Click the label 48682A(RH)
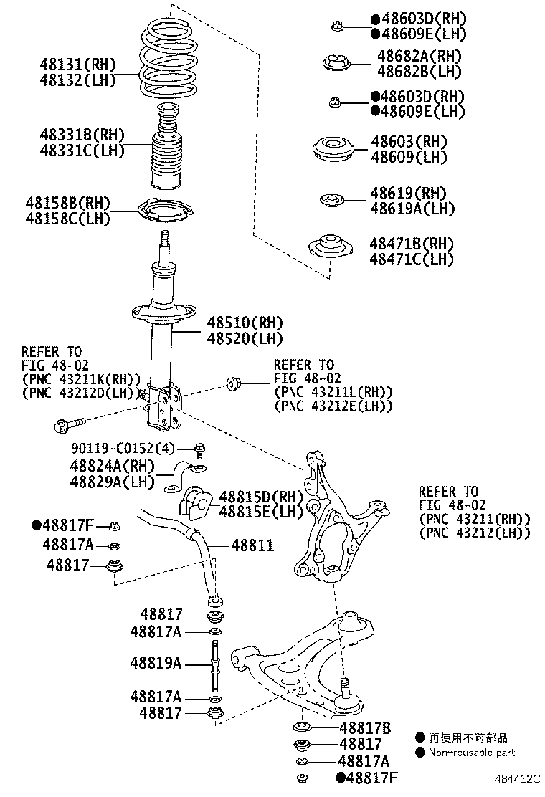coord(419,56)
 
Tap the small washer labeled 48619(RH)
coord(331,200)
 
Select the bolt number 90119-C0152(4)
coord(122,449)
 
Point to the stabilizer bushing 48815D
coord(194,502)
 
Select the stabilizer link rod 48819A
coord(214,663)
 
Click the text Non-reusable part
coord(471,753)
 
